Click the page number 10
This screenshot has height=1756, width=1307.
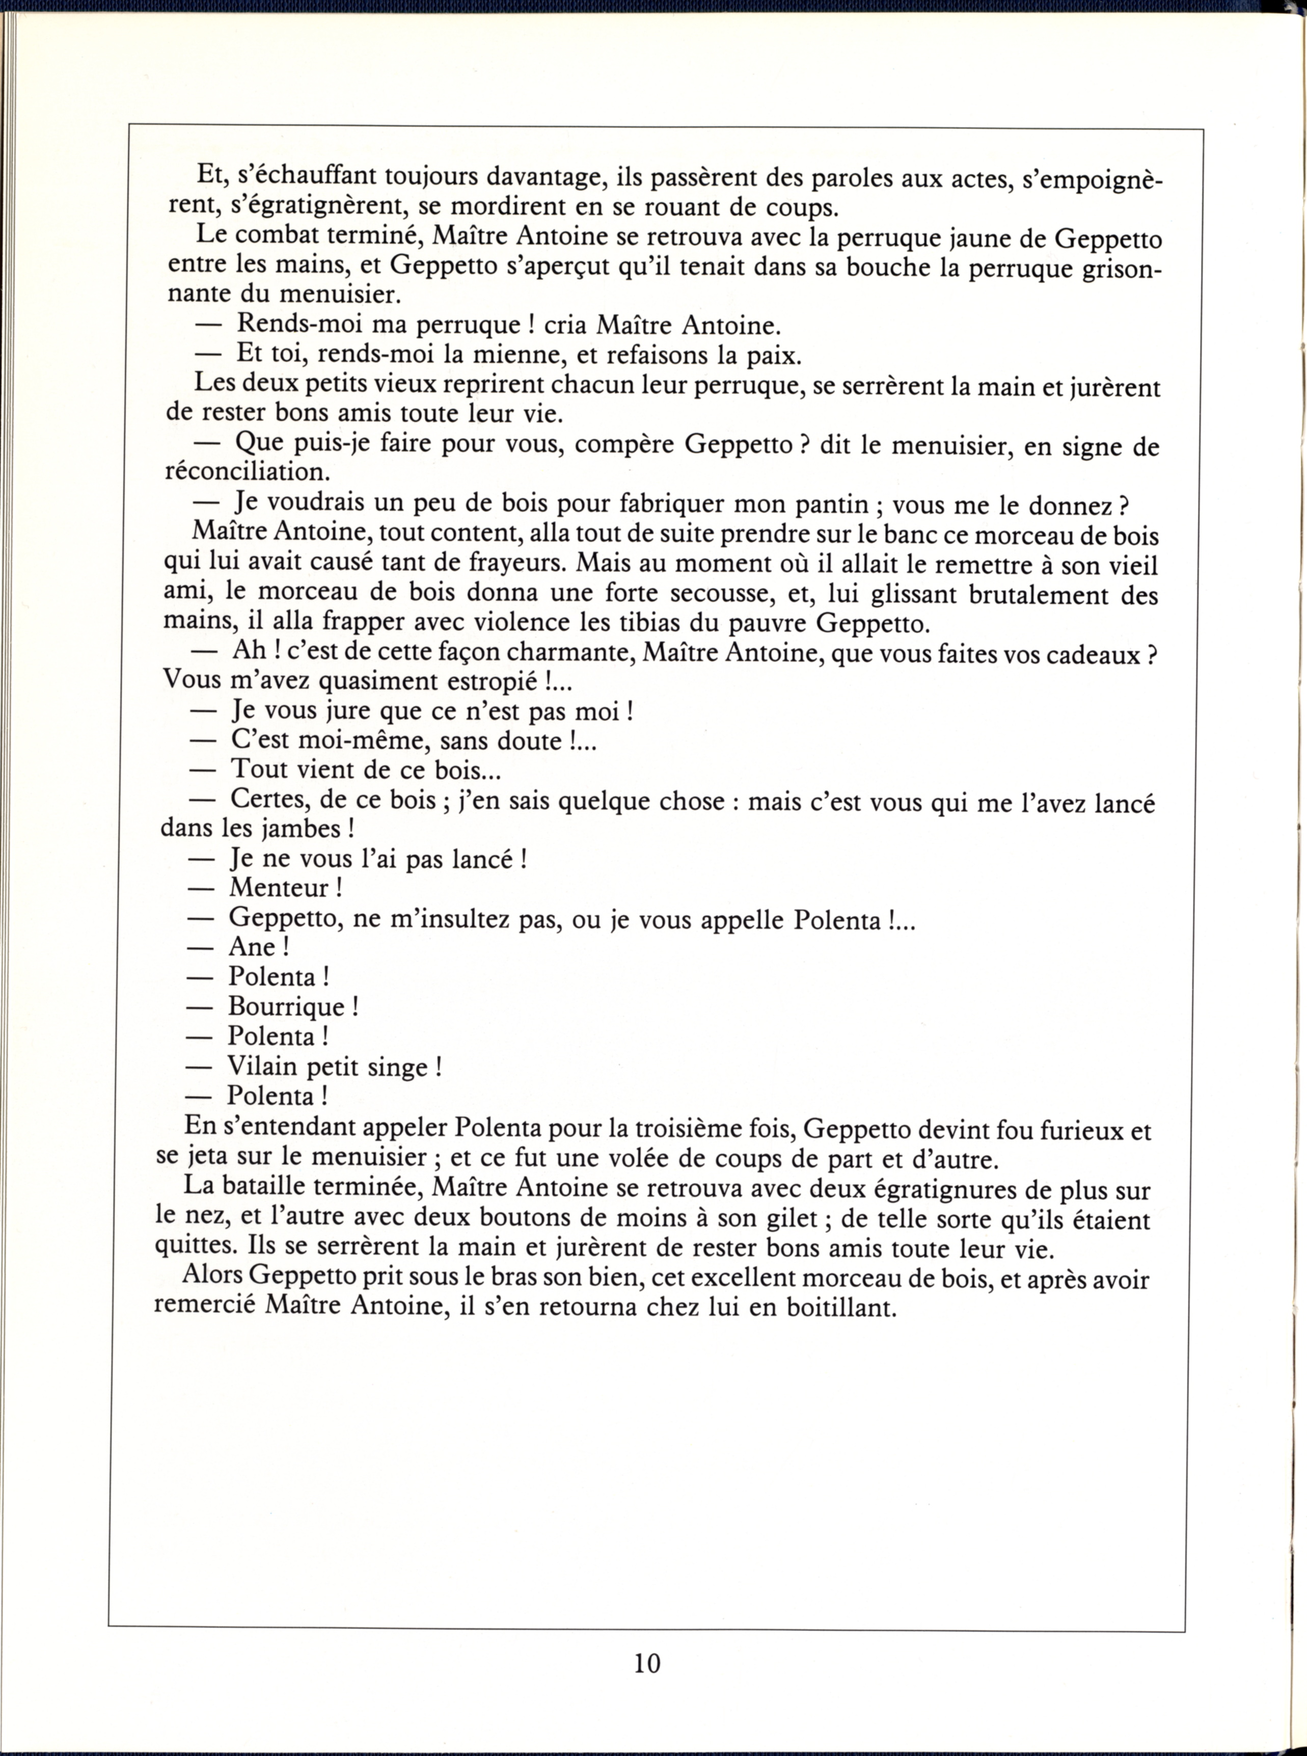coord(646,1663)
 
